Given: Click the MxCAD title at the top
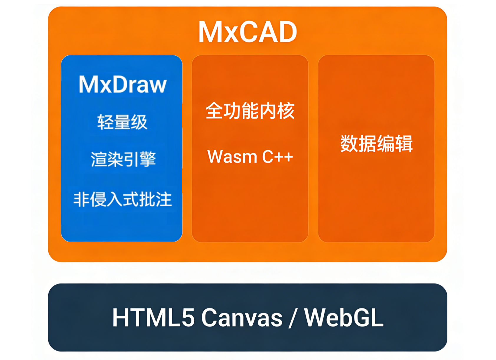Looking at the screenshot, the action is point(247,32).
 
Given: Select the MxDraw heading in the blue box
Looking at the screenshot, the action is point(123,84).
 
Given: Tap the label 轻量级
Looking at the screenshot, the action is point(122,122).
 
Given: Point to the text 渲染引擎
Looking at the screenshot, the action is point(123,159).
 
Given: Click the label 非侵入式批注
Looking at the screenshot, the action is point(123,199).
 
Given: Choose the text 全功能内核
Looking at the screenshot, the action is point(250,110).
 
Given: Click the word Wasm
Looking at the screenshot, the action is point(232,156).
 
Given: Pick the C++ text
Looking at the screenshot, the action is point(278,156).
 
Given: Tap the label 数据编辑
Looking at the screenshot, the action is point(376,143).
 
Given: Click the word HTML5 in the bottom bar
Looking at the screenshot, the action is point(154,318).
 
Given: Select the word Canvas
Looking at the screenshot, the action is point(242,318).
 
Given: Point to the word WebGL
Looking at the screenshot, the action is point(344,318).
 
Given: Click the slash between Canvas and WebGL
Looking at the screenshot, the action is point(293,318).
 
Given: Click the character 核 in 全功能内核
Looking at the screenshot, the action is point(286,110).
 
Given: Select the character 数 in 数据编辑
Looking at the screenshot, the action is point(349,143).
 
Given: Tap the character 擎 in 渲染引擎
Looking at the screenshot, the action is point(148,159).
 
